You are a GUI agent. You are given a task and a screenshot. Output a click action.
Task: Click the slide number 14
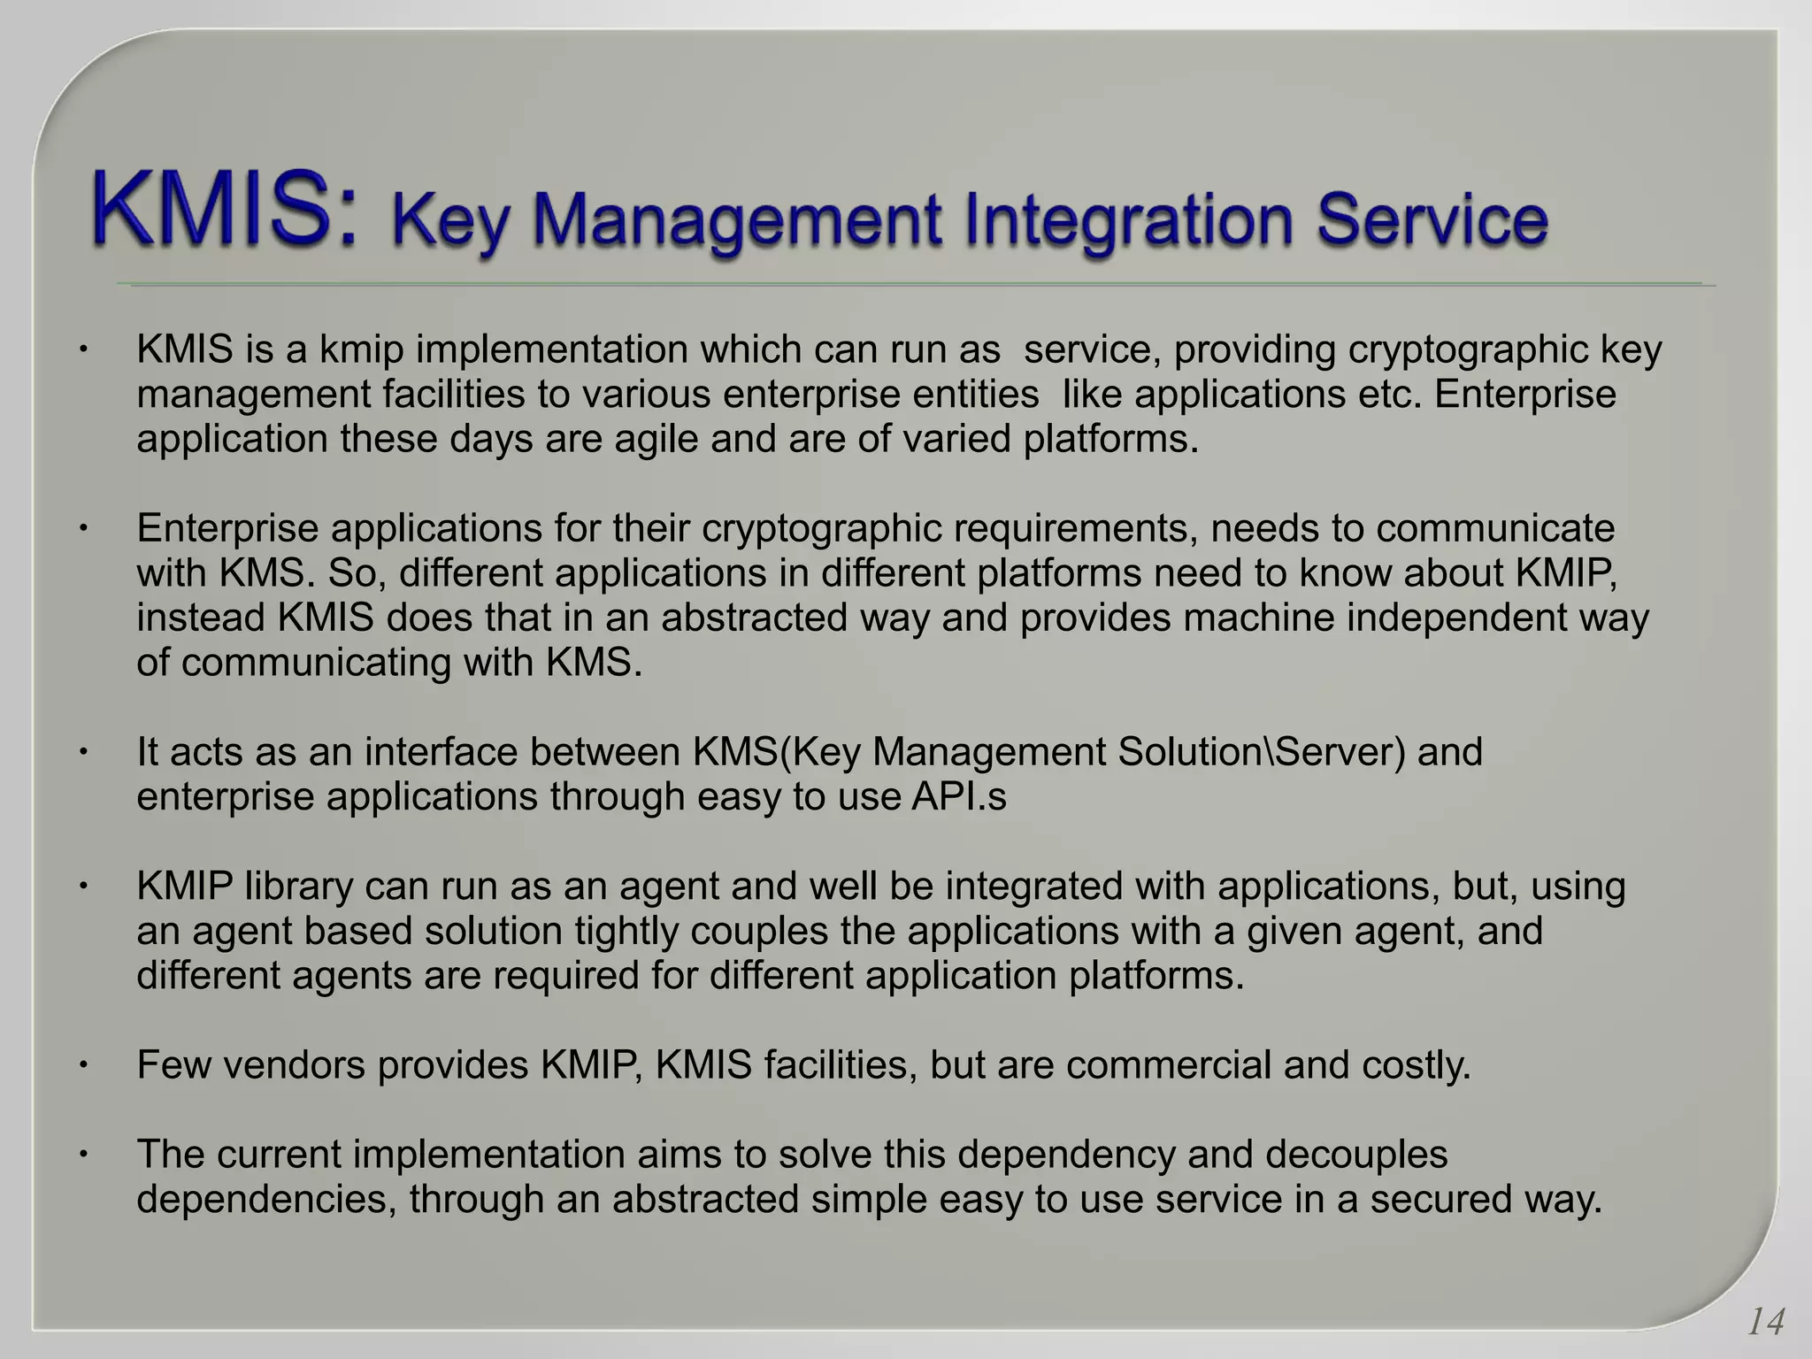click(1765, 1323)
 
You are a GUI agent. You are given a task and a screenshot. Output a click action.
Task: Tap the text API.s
click(959, 797)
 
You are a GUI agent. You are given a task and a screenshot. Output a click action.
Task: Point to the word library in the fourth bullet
click(298, 887)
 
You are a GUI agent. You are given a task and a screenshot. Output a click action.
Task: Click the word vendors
click(294, 1065)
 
